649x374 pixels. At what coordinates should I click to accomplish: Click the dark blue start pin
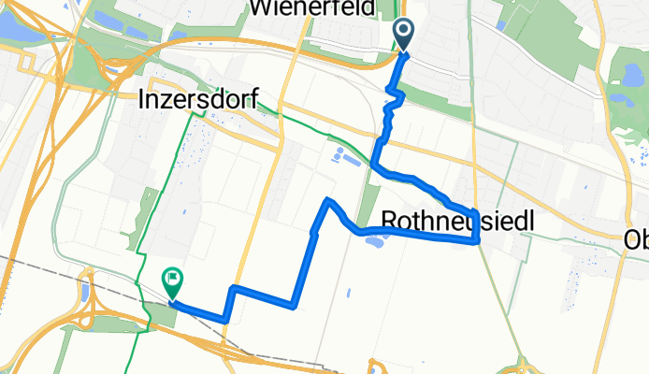[404, 34]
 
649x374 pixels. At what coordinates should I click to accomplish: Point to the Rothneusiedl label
[458, 221]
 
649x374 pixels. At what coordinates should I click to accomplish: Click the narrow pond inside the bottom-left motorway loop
[85, 291]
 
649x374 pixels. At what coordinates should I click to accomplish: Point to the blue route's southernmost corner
[225, 320]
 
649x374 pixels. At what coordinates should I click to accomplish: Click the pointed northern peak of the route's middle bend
[327, 200]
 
